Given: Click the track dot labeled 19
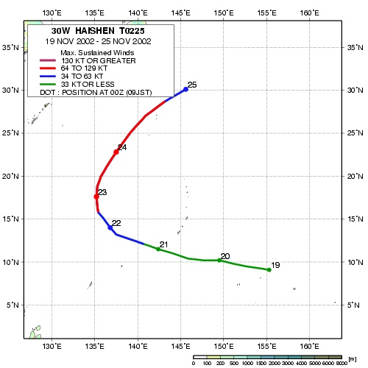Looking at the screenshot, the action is click(x=269, y=269).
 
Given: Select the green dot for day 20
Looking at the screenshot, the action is click(x=219, y=261).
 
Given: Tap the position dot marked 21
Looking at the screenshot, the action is click(x=158, y=249).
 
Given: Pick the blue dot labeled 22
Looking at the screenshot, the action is click(x=110, y=227).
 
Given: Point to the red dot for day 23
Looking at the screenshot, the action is click(x=96, y=197).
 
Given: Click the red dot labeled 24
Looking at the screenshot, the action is click(x=116, y=152).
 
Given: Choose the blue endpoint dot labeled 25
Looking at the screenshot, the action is click(x=185, y=90).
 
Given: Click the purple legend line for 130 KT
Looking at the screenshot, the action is click(x=48, y=60).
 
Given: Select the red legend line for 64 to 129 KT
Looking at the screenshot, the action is click(x=48, y=68).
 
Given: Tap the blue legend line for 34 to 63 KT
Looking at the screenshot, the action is click(x=48, y=77).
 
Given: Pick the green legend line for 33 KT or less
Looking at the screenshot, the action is click(x=48, y=85).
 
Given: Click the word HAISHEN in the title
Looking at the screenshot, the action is click(x=95, y=31).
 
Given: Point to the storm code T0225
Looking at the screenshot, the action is click(x=132, y=31).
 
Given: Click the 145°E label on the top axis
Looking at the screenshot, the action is click(x=180, y=13).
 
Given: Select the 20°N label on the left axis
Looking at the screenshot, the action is click(x=10, y=176).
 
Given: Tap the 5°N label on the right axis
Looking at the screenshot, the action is click(x=353, y=305).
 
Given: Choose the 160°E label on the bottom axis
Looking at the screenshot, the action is click(x=309, y=347).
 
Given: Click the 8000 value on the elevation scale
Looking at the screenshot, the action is click(x=342, y=364).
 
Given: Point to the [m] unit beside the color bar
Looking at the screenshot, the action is click(x=352, y=359).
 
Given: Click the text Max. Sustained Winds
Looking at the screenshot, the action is click(x=97, y=53).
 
